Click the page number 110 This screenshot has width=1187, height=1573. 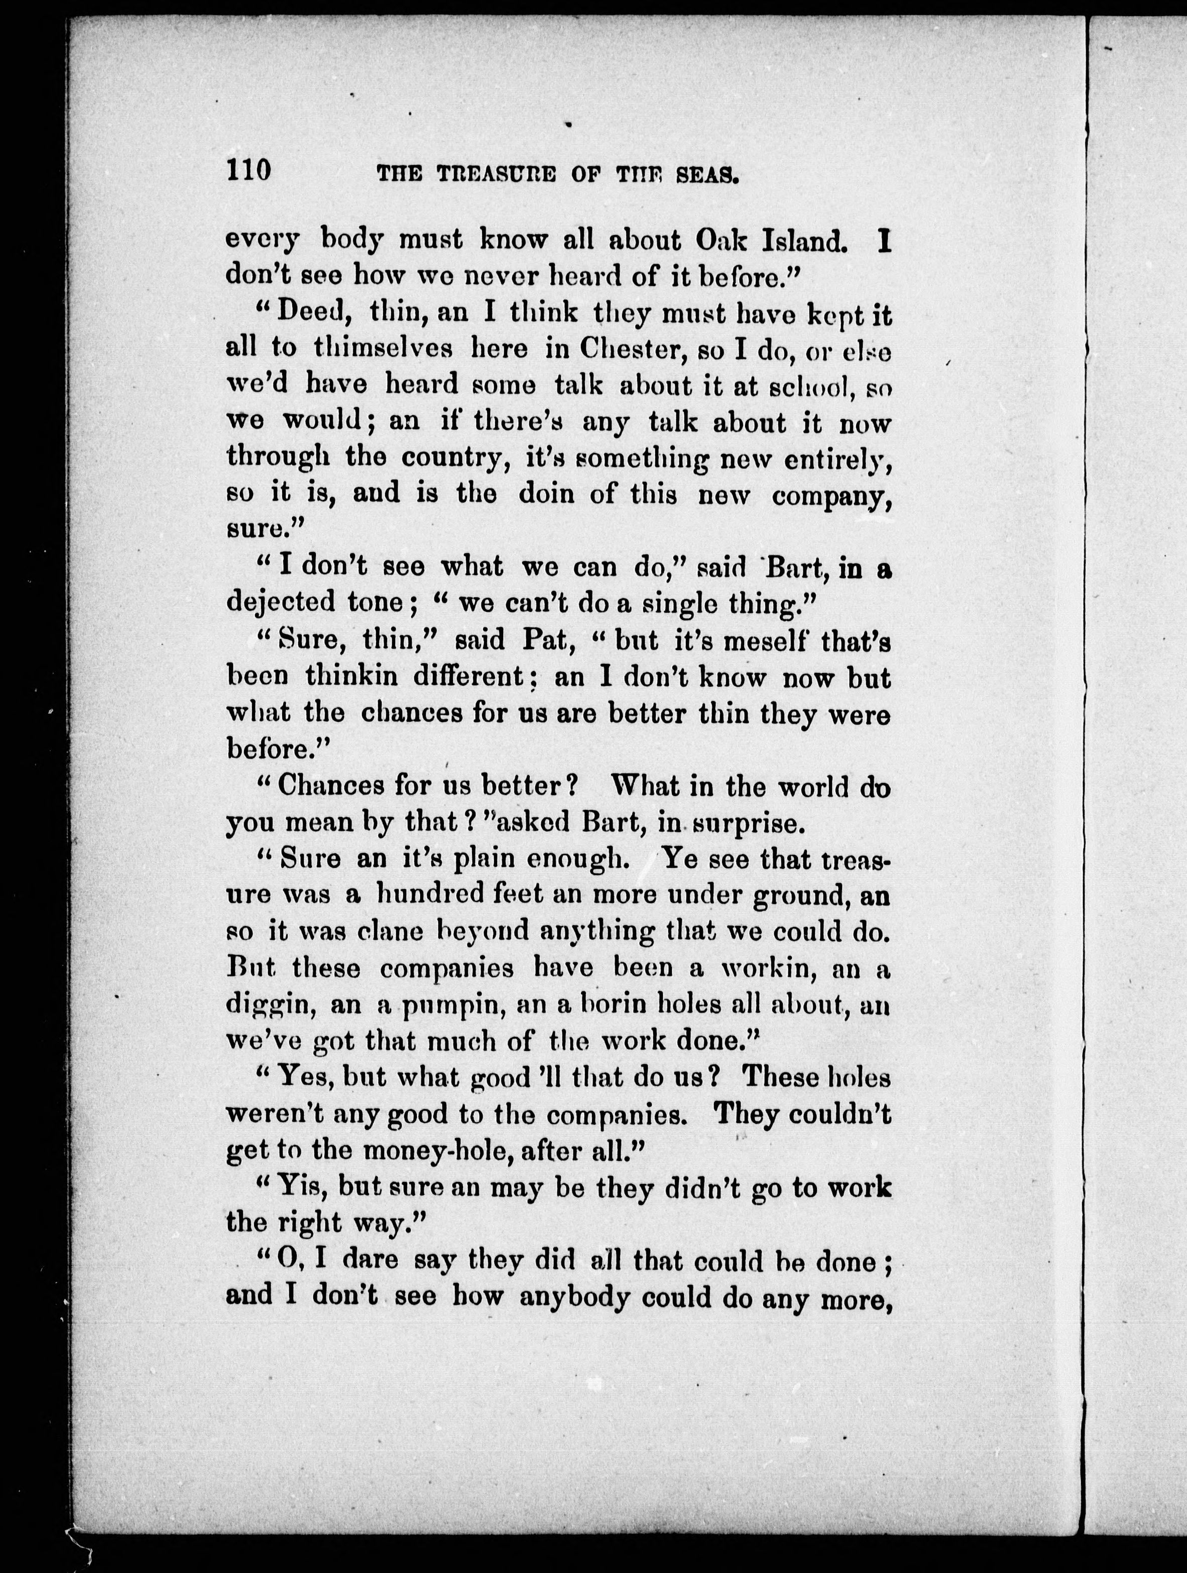pyautogui.click(x=249, y=171)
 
